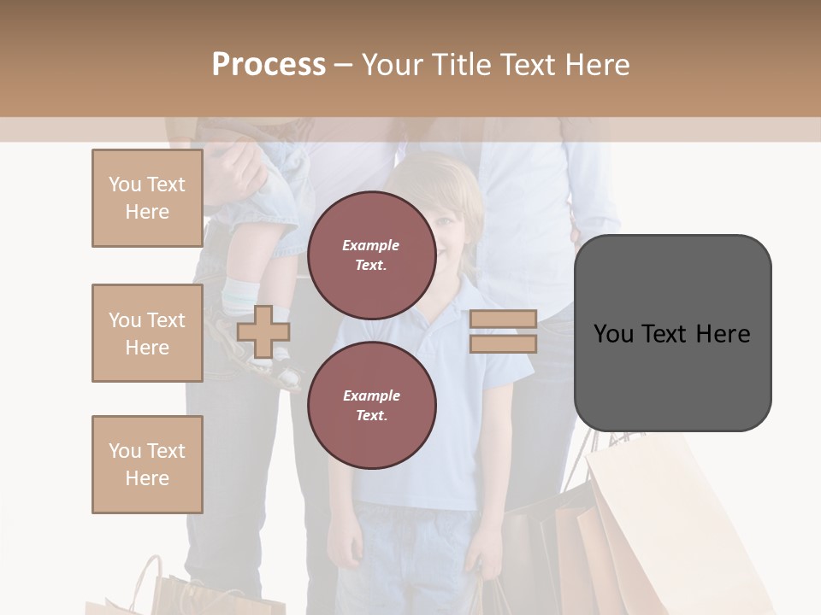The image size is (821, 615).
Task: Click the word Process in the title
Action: (x=269, y=64)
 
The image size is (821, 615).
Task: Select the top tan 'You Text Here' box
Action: (x=147, y=198)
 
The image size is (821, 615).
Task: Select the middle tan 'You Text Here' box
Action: (x=147, y=333)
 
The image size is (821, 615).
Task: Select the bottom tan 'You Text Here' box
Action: (x=147, y=465)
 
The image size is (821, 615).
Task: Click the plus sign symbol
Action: (x=263, y=332)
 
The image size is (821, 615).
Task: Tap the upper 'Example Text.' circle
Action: (x=371, y=255)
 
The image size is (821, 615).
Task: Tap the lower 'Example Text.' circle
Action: (x=371, y=406)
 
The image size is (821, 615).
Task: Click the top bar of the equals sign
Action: (x=503, y=319)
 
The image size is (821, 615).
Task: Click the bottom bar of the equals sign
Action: (x=503, y=344)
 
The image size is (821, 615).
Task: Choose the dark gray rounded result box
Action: (x=672, y=333)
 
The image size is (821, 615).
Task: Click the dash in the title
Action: (x=343, y=65)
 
